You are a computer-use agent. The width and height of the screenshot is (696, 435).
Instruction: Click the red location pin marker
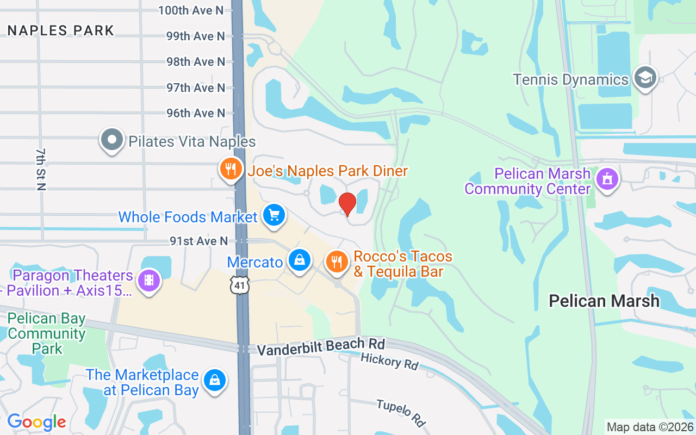[x=347, y=204]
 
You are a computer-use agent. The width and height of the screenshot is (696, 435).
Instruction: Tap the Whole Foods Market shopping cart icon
[x=274, y=215]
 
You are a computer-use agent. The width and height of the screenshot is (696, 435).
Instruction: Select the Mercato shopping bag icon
[x=299, y=260]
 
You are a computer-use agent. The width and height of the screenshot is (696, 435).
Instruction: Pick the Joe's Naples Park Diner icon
[x=231, y=169]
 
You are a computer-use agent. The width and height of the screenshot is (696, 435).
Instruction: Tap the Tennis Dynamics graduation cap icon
[x=645, y=78]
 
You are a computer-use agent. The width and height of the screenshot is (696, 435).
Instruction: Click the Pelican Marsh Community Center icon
[x=607, y=179]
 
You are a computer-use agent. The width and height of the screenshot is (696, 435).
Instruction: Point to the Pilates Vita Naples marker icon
[x=112, y=140]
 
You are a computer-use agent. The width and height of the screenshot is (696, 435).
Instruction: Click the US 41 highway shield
[x=240, y=284]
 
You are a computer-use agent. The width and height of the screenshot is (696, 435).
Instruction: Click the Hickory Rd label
[x=389, y=361]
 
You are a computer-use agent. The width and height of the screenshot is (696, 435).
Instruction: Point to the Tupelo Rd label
[x=401, y=413]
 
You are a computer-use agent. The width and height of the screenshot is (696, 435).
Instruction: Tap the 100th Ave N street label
[x=191, y=10]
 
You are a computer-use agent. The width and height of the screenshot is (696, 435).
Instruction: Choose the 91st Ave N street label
[x=198, y=241]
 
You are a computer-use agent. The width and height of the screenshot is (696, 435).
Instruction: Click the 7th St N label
[x=41, y=169]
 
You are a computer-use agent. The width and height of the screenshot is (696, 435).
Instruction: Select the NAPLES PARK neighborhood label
[x=61, y=30]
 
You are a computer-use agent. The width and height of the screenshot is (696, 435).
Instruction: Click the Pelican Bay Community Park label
[x=47, y=333]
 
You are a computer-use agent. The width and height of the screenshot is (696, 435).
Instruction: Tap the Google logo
[x=36, y=422]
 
